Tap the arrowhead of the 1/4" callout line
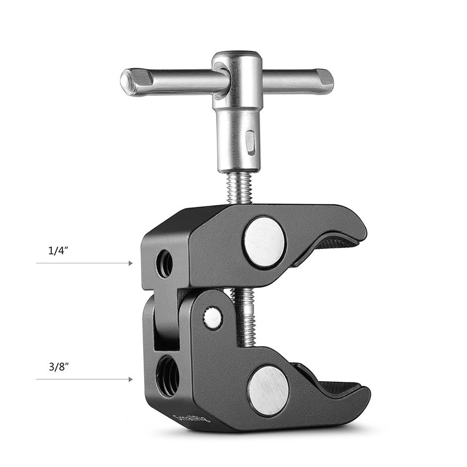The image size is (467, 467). [x=130, y=263]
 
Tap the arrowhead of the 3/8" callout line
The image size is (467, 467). [x=130, y=379]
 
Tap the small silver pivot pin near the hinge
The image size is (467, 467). [x=212, y=318]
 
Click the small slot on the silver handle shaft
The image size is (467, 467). [x=250, y=141]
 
